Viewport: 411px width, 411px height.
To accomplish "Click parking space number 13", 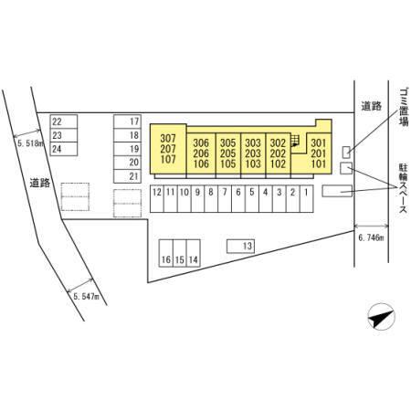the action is pyautogui.click(x=240, y=246).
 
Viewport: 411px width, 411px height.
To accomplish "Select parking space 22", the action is pyautogui.click(x=64, y=121).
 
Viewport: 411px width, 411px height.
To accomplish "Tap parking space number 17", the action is pyautogui.click(x=127, y=121).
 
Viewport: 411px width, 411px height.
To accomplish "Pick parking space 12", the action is pyautogui.click(x=157, y=198).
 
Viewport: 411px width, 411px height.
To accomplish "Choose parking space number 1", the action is pyautogui.click(x=307, y=198).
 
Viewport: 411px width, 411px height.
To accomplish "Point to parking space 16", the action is pyautogui.click(x=166, y=253).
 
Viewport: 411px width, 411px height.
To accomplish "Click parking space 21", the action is pyautogui.click(x=127, y=176).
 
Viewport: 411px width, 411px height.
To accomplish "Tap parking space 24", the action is pyautogui.click(x=64, y=149).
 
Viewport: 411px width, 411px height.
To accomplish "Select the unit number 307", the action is pyautogui.click(x=168, y=139).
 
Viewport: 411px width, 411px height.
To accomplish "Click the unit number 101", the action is pyautogui.click(x=319, y=163).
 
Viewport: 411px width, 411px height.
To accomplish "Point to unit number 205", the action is pyautogui.click(x=228, y=153).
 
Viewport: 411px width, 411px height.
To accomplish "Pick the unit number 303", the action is pyautogui.click(x=253, y=143).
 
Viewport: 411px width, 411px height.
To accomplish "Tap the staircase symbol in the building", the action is pyautogui.click(x=295, y=142).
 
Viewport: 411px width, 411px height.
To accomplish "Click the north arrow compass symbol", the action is pyautogui.click(x=381, y=317).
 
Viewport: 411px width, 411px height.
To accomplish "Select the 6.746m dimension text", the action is pyautogui.click(x=371, y=238).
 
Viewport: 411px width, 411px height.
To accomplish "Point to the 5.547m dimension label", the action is pyautogui.click(x=87, y=296).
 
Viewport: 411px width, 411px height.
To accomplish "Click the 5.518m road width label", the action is pyautogui.click(x=30, y=143).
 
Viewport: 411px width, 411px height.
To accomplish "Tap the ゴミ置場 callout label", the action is pyautogui.click(x=404, y=107).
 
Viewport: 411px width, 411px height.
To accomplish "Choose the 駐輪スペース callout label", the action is pyautogui.click(x=403, y=188).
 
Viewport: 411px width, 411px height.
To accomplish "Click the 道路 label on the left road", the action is pyautogui.click(x=40, y=184).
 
